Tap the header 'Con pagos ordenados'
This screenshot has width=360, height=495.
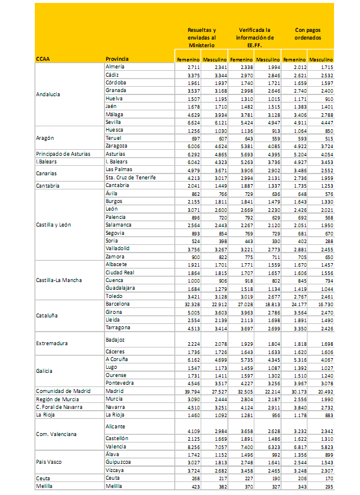[x=307, y=33]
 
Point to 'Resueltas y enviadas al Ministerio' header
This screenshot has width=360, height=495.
[x=201, y=37]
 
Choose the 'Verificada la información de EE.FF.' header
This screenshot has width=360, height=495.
[x=254, y=37]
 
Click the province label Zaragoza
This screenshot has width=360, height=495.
[x=117, y=145]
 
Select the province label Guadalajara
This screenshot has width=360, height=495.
[x=121, y=289]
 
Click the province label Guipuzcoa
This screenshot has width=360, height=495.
[x=120, y=463]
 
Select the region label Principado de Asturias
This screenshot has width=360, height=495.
[x=63, y=153]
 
